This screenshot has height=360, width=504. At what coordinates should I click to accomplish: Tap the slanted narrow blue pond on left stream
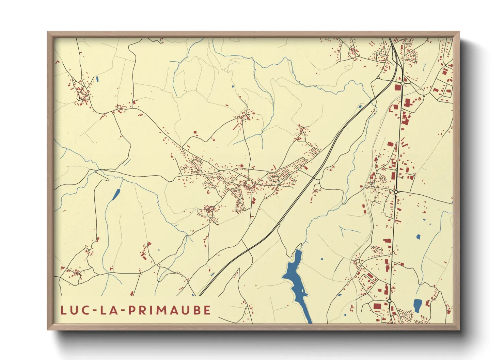pos(116,194)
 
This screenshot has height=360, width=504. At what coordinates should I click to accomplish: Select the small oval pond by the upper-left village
pos(97,79)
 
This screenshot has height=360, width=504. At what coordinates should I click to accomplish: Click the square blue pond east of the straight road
pos(418,236)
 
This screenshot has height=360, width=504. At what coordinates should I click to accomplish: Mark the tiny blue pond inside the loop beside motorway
pos(360,107)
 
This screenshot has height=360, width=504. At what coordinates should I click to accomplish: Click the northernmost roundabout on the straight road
pos(403,83)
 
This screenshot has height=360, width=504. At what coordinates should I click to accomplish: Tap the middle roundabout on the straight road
pos(396,192)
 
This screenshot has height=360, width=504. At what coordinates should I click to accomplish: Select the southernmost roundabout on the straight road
pos(389,301)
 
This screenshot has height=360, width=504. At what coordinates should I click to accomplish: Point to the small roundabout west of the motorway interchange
pos(378,78)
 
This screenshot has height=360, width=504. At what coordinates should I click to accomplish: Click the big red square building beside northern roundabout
pos(397,87)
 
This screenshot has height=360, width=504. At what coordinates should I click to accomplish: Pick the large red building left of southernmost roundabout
pos(377,306)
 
